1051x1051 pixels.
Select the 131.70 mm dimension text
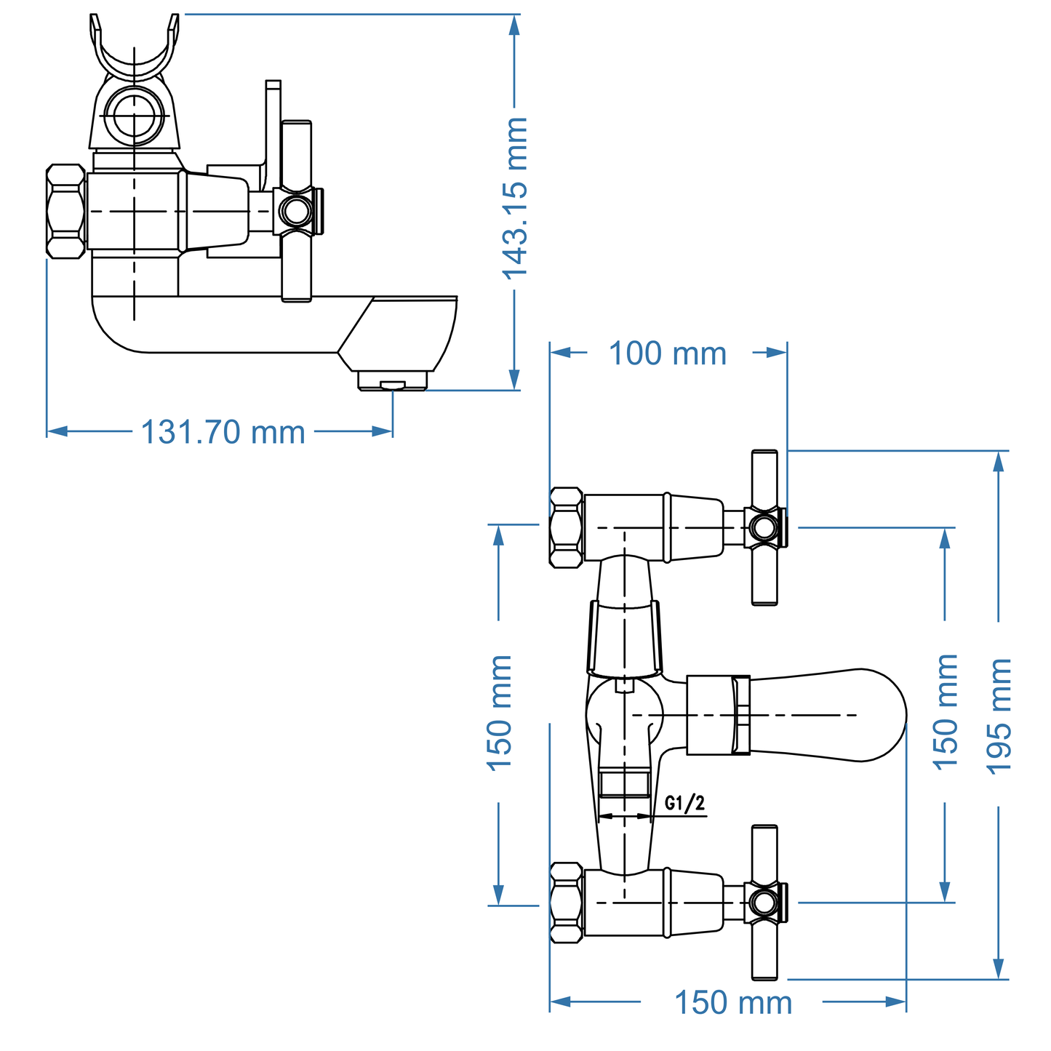223,432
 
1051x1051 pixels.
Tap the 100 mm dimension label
667,354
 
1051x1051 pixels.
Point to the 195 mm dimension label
1000,716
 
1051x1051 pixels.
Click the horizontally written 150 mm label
733,1003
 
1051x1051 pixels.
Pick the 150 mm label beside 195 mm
946,711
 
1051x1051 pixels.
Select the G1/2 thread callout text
684,803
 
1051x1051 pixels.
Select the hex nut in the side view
65,211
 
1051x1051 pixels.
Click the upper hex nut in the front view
566,527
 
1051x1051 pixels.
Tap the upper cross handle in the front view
764,527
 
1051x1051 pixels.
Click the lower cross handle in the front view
764,902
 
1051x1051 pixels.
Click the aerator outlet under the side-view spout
392,382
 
